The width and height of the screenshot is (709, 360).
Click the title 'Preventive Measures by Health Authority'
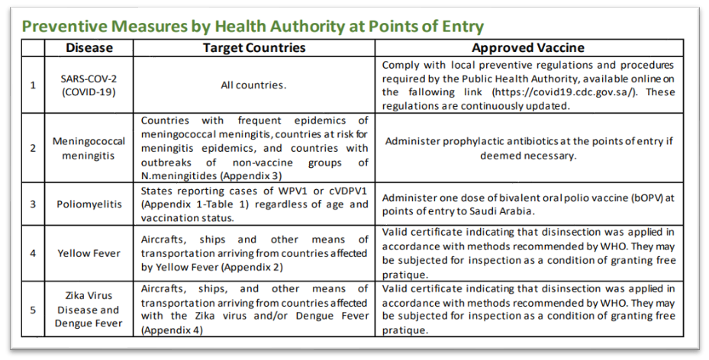[252, 27]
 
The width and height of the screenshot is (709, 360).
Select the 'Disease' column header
[89, 47]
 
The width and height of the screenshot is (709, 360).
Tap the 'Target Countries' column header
[253, 47]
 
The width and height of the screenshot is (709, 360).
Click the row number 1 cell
[32, 85]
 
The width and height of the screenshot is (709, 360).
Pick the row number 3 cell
[32, 204]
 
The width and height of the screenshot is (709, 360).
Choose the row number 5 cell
[32, 309]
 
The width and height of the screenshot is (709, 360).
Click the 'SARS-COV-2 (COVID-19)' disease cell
[89, 85]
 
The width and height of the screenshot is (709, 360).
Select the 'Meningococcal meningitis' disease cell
[89, 148]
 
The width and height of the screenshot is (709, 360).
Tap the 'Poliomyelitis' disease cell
[89, 204]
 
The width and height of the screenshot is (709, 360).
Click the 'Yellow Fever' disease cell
[89, 253]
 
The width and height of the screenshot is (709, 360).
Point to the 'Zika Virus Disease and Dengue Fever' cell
[89, 310]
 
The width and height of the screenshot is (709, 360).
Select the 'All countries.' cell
[253, 85]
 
